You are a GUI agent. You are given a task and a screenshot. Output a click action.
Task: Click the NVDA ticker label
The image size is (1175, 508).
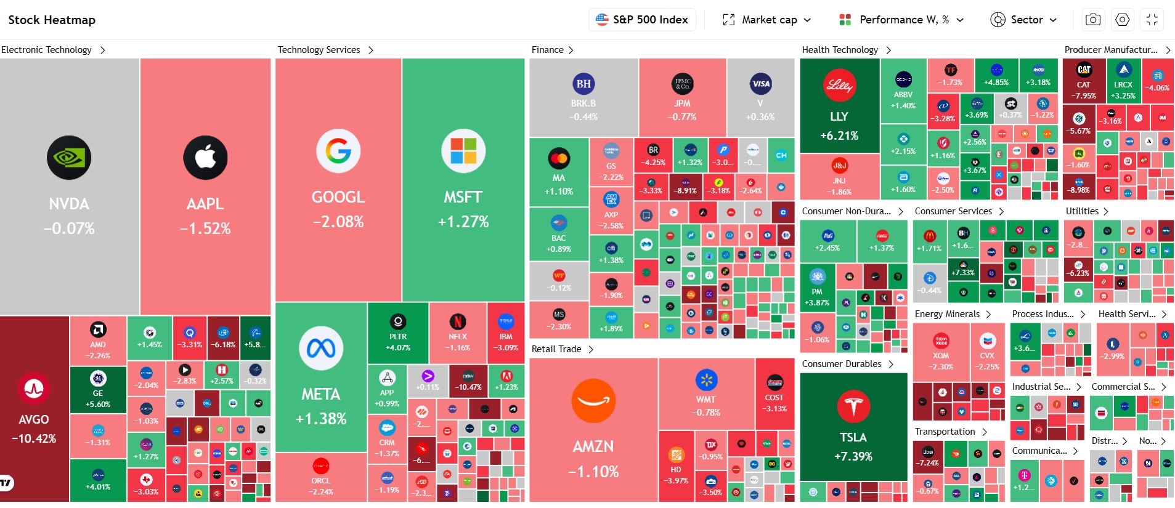69,204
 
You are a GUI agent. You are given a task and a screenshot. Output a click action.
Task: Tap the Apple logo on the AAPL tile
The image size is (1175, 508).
205,158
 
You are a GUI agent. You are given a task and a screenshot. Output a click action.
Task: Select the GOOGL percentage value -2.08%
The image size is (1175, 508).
338,222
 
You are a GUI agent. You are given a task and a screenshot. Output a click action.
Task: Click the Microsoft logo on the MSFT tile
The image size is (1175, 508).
463,151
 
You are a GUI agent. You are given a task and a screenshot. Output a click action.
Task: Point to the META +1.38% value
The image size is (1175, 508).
321,419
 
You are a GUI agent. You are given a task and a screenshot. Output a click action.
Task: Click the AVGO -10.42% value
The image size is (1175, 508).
34,438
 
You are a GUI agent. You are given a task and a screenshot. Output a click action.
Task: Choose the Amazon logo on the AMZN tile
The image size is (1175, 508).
593,401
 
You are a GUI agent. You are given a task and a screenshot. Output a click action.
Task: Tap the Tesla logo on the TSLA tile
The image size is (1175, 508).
853,406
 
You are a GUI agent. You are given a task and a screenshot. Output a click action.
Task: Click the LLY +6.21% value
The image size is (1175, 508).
839,135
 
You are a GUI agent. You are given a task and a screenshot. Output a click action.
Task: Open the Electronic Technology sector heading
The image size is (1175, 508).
47,50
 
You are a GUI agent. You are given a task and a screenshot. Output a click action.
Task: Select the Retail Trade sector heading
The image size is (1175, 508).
556,349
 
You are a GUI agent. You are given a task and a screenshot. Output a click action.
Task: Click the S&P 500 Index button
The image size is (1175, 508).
642,20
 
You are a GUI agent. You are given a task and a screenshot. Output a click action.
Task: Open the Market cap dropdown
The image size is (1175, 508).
767,20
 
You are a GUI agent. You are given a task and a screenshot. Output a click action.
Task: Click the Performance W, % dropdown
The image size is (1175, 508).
901,20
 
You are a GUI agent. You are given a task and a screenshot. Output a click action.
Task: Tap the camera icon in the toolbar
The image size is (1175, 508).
1093,20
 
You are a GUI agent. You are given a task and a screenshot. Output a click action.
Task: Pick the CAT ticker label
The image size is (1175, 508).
1083,85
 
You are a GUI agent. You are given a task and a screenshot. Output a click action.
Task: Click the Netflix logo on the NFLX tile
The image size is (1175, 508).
457,321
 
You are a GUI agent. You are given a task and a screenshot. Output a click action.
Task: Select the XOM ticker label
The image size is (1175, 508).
941,356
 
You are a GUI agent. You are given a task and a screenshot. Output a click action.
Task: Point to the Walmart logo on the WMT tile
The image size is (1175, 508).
706,380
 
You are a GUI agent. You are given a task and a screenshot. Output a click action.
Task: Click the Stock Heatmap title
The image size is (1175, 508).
52,20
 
